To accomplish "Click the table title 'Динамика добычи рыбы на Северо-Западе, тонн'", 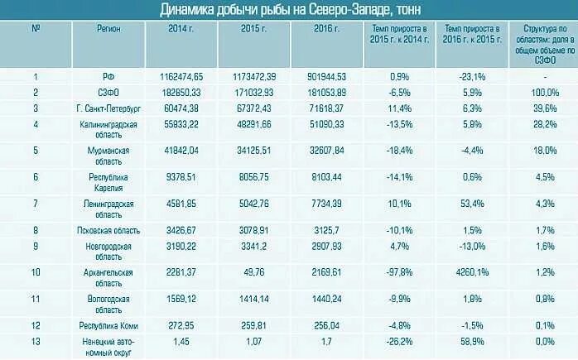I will [x=290, y=9].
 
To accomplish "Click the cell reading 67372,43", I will [x=253, y=108].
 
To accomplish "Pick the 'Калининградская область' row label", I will [x=108, y=129].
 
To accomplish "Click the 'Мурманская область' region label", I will [x=108, y=156].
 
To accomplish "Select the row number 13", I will [x=36, y=340].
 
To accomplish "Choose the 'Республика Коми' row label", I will [x=108, y=324].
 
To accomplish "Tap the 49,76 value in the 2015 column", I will [x=253, y=270].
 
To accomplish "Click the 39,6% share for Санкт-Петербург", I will [x=544, y=108].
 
